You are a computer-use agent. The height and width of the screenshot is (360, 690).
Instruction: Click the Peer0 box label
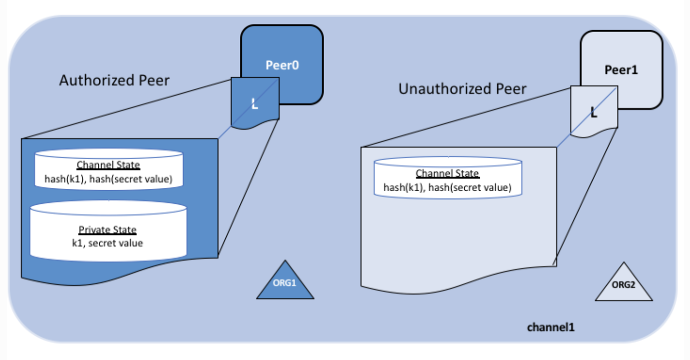[282, 65]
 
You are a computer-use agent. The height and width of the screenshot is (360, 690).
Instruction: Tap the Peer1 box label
[621, 70]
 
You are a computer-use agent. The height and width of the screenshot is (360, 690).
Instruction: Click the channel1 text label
[551, 327]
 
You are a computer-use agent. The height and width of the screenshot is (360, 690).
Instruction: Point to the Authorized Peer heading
[114, 80]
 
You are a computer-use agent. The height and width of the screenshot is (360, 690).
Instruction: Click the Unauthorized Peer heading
[462, 89]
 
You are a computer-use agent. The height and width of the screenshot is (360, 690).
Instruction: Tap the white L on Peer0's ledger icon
[254, 103]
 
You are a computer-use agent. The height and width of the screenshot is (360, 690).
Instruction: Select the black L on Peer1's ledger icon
[594, 113]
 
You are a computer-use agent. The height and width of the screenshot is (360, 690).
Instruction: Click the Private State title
[108, 230]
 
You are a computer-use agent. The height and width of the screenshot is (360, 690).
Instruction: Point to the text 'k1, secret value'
[108, 242]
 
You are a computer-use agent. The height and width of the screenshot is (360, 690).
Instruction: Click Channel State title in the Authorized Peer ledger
[109, 165]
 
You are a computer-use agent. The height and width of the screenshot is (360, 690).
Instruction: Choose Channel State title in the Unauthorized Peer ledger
[447, 174]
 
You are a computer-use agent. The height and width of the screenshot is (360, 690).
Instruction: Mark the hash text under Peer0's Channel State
[109, 179]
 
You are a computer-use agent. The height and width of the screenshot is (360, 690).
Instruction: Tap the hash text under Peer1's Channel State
[447, 187]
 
